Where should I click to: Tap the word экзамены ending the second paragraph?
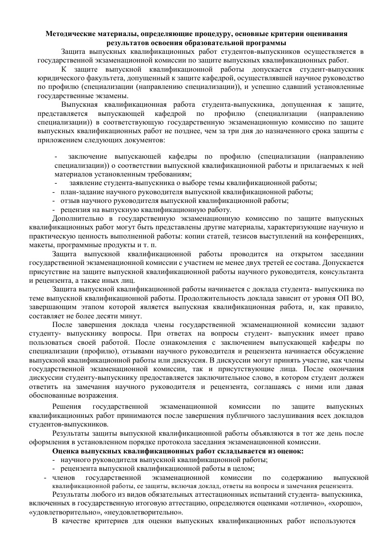coord(116,96)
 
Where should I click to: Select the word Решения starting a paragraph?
coord(66,406)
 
